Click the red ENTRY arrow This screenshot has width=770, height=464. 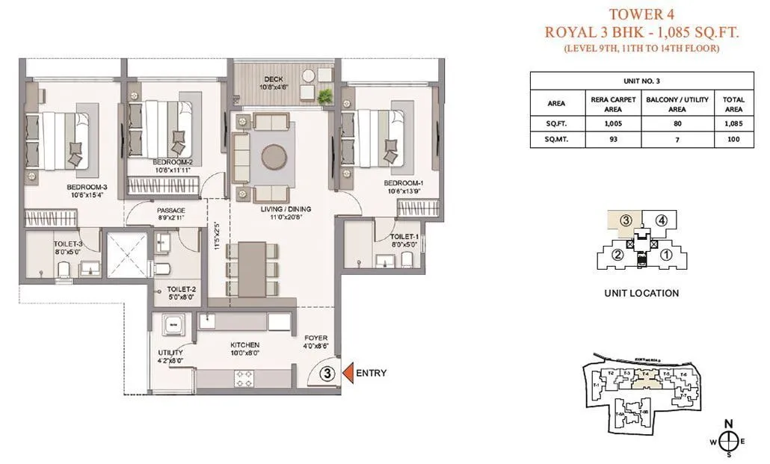click(347, 372)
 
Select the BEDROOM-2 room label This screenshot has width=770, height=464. click(173, 161)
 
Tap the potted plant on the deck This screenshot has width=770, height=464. click(325, 96)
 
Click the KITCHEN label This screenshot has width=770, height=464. click(244, 345)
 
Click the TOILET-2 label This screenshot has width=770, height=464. click(182, 288)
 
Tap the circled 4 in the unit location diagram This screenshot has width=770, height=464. click(661, 220)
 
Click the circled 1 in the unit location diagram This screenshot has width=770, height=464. click(666, 254)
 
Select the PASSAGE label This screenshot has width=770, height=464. click(170, 211)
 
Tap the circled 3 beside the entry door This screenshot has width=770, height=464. click(326, 372)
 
